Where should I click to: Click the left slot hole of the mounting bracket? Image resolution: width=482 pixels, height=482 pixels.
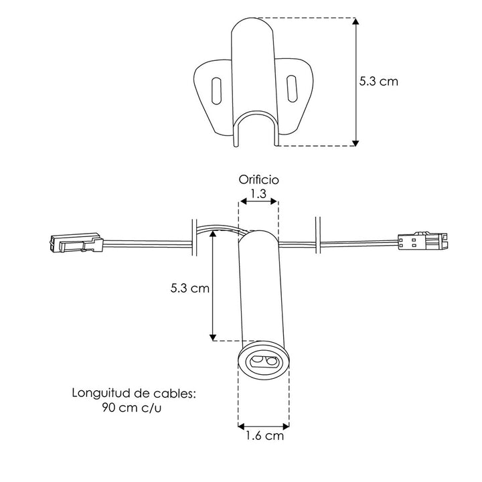216,90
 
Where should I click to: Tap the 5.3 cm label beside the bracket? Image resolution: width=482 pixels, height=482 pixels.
378,82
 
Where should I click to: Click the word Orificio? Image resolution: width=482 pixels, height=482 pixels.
258,179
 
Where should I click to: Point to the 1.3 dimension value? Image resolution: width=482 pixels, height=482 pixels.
258,193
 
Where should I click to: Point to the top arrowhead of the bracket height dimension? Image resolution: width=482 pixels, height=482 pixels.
355,22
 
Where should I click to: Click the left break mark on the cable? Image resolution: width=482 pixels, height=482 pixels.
193,236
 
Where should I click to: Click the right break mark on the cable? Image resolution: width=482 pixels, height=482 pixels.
317,236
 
